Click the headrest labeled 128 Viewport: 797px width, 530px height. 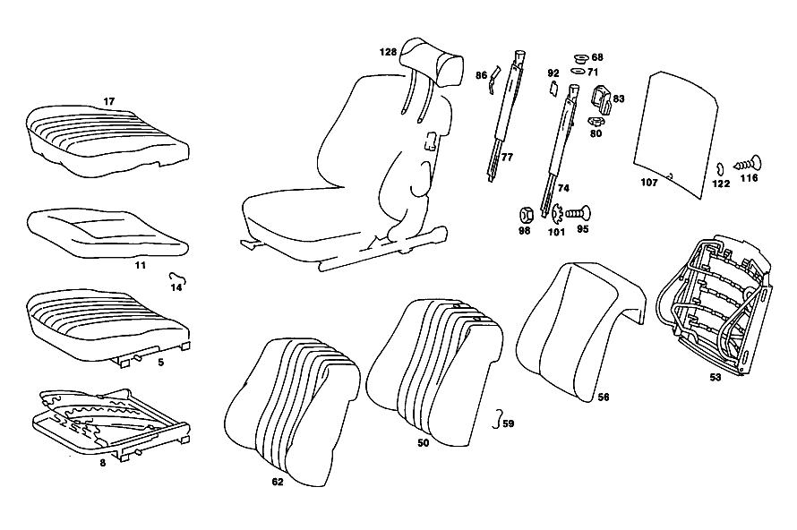coord(432,64)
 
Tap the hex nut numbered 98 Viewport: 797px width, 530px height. coord(526,216)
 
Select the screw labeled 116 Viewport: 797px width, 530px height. coord(748,164)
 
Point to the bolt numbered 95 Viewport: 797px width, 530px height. coord(578,213)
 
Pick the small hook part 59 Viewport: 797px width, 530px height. coord(497,419)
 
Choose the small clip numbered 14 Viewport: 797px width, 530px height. coord(177,277)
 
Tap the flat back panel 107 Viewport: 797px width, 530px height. coord(676,133)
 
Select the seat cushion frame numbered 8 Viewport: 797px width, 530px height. coord(111,423)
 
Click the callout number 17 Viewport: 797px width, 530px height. coord(108,102)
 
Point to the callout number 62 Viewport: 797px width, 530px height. coord(277,482)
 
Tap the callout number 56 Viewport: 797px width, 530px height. coord(604,397)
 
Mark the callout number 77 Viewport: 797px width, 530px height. coord(507,157)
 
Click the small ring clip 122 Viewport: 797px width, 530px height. coord(719,167)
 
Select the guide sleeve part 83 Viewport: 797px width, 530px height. coord(601,98)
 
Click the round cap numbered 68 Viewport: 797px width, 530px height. coord(581,58)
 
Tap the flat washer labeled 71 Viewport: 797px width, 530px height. coord(578,72)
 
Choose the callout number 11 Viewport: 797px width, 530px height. coord(141,265)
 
